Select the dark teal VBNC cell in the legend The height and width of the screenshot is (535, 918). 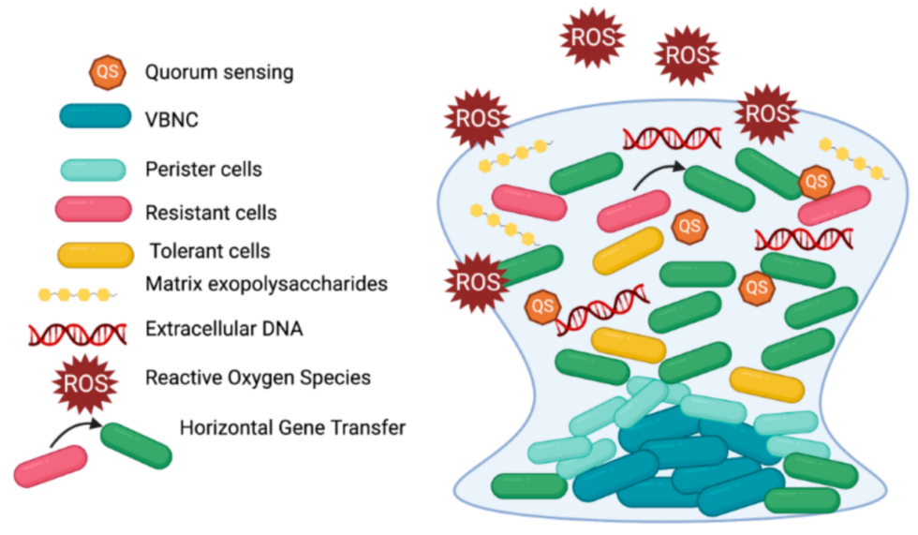[x=95, y=116]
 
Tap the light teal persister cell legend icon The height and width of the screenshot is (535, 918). [x=94, y=170]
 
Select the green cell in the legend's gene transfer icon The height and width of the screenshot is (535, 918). [x=137, y=446]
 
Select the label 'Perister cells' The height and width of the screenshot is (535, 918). [x=203, y=171]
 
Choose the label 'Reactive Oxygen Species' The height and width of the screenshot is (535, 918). [x=258, y=378]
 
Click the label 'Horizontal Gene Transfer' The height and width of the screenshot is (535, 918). [x=292, y=428]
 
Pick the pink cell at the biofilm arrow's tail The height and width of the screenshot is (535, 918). [x=634, y=210]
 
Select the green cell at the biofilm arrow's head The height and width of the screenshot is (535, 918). [x=718, y=188]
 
